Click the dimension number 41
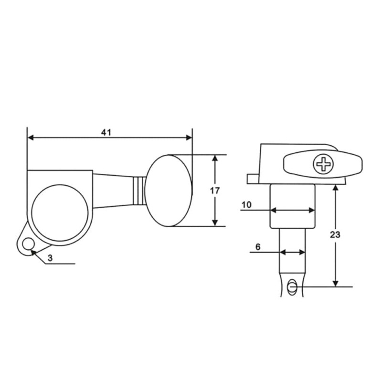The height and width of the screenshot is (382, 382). [x=106, y=132]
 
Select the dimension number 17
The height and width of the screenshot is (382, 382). [x=214, y=191]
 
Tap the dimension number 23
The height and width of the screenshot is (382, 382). [x=335, y=234]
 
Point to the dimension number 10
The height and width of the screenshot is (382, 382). [x=246, y=205]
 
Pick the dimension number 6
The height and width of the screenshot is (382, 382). [x=258, y=247]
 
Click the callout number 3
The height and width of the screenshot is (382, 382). [x=50, y=258]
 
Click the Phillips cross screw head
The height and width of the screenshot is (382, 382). [x=324, y=164]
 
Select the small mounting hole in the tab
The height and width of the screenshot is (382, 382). [x=29, y=244]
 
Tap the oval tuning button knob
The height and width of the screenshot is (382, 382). [x=169, y=191]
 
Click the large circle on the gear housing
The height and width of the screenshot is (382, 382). [x=60, y=213]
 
